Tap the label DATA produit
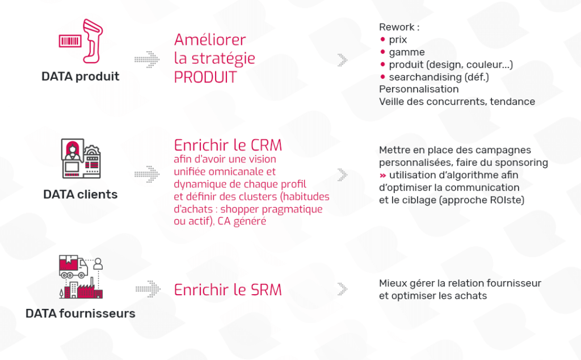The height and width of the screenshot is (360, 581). click(x=81, y=77)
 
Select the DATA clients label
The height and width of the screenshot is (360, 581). click(x=81, y=194)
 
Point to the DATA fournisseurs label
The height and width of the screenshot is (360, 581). click(x=81, y=313)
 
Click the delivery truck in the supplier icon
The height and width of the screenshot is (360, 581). click(x=73, y=266)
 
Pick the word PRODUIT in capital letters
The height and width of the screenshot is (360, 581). click(x=205, y=77)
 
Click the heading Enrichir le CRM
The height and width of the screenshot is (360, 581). click(x=228, y=145)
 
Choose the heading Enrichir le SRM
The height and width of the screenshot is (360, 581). click(x=228, y=290)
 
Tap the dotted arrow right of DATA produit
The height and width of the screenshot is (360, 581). click(x=147, y=59)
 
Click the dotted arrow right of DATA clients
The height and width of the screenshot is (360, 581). click(x=147, y=174)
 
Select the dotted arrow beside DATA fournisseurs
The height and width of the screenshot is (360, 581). click(x=148, y=289)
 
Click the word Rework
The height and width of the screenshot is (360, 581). click(x=397, y=27)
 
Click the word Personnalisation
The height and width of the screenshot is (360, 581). click(x=419, y=89)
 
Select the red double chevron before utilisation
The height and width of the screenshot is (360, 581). click(x=383, y=175)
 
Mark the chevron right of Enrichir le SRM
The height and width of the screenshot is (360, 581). click(x=343, y=289)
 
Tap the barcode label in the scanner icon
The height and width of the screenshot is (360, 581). click(x=70, y=40)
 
